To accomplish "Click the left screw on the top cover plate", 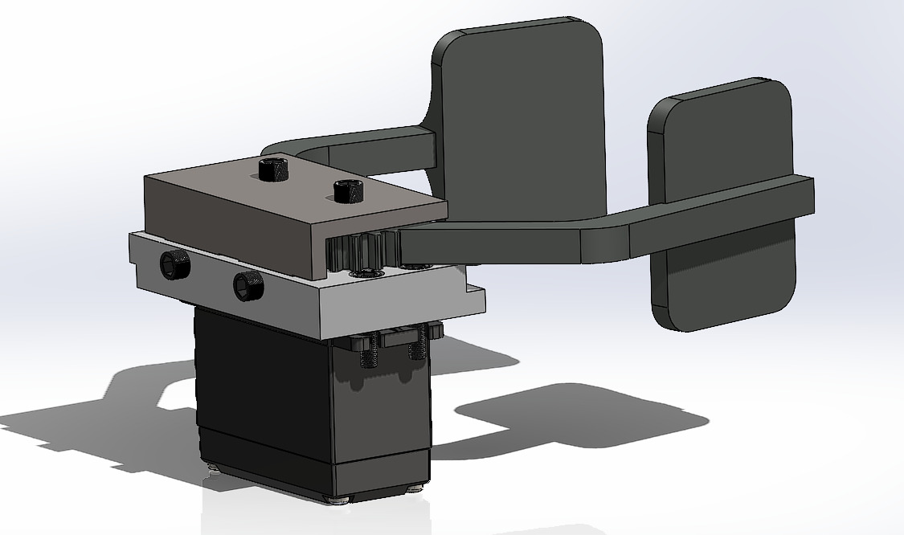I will (273, 169).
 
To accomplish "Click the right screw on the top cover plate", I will (348, 192).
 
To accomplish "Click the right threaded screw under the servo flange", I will (417, 346).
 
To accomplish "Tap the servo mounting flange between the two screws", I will (394, 338).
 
